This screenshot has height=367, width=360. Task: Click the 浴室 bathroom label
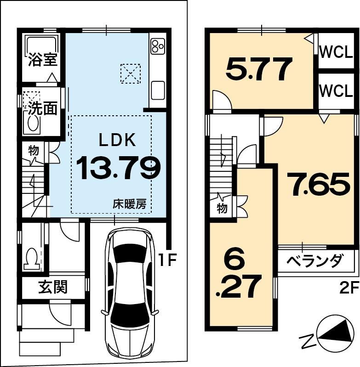click(43, 59)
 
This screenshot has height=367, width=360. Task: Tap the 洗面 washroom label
click(43, 108)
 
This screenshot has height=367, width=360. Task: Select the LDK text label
click(117, 140)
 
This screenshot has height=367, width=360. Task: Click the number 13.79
click(119, 168)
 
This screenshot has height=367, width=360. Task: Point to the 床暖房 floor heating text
click(130, 204)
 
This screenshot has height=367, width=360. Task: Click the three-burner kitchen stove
click(157, 46)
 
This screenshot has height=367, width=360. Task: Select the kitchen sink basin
click(158, 90)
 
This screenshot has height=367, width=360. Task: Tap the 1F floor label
click(167, 260)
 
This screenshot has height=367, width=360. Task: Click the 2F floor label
click(349, 288)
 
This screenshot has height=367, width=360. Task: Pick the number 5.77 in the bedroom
click(259, 69)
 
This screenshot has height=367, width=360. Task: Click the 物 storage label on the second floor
click(222, 208)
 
